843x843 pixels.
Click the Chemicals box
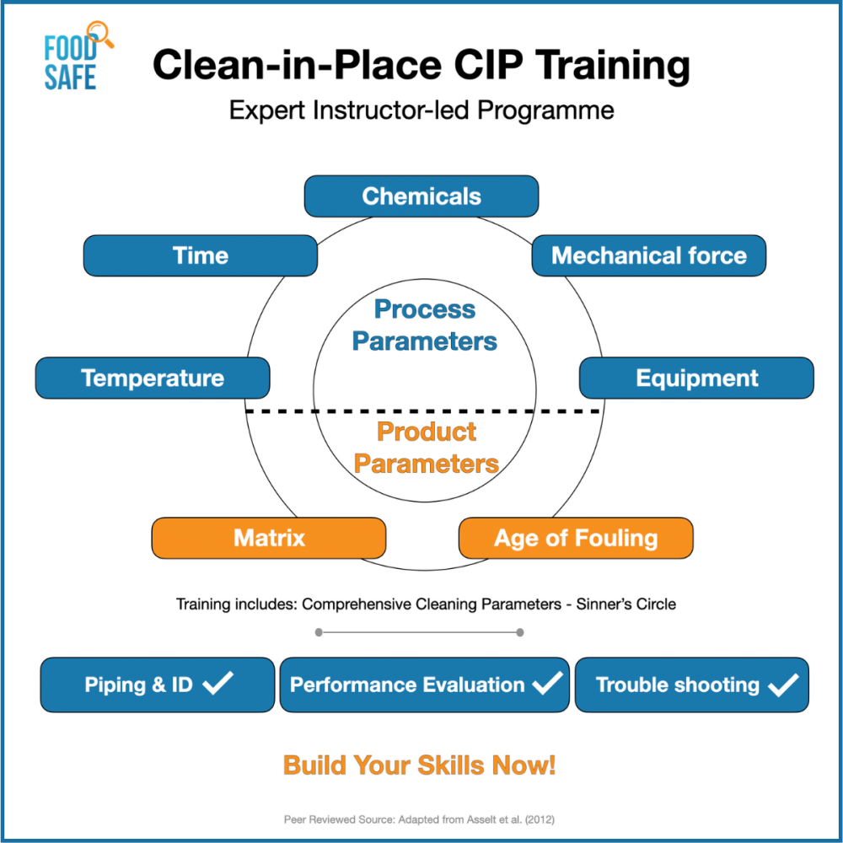(x=421, y=196)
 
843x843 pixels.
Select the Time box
(x=200, y=255)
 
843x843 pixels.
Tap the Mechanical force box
(x=648, y=255)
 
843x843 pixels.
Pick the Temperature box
(x=153, y=378)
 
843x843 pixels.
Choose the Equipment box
(x=696, y=378)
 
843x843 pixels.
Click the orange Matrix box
(x=269, y=538)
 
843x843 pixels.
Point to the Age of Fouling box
(x=576, y=538)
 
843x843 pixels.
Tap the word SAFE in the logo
(x=71, y=78)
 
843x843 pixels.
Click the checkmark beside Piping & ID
(x=218, y=683)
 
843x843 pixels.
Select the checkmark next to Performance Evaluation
(x=547, y=683)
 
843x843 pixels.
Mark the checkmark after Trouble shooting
(x=782, y=684)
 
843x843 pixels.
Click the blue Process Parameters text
(x=425, y=325)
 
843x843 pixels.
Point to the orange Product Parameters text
(x=427, y=448)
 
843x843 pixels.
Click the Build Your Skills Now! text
(x=419, y=765)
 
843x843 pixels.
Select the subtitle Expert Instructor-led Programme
(x=421, y=110)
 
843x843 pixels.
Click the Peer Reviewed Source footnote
(x=420, y=819)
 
